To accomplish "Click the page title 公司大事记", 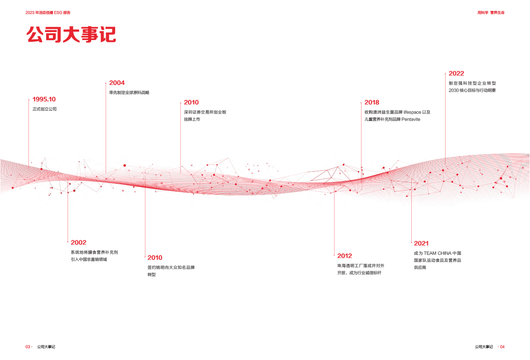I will pos(72,35).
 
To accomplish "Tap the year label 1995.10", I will pos(44,99).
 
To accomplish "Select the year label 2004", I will pos(117,83).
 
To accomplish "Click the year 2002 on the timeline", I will pos(79,243).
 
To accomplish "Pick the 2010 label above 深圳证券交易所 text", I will pos(191,102).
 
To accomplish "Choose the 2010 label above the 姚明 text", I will pos(155,258).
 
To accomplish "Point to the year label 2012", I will pos(345,256).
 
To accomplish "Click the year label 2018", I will pos(372,102).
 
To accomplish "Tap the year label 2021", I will pos(421,243).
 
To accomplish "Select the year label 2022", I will pos(456,73).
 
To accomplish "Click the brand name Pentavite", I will pos(411,119).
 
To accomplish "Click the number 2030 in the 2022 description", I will pos(454,90).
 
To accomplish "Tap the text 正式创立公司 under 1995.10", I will pos(45,109).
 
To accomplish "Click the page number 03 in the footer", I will pos(28,347).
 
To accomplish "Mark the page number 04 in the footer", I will pos(503,347).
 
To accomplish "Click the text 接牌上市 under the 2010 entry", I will pos(192,119).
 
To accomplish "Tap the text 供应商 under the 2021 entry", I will pos(420,267).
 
